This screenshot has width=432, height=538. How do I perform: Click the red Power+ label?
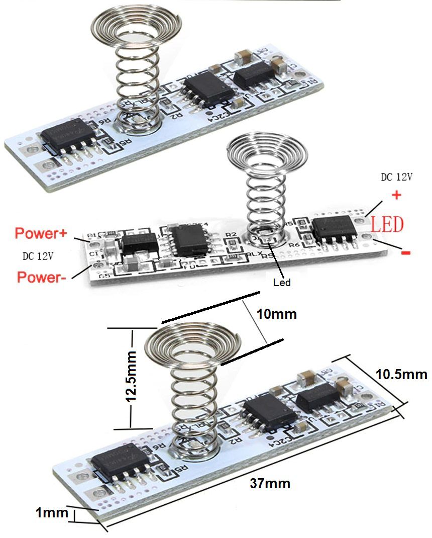tap(44, 233)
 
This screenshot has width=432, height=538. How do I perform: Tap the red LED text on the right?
tap(387, 225)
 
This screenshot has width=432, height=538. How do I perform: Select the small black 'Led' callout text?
tap(282, 283)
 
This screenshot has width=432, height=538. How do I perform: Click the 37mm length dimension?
tap(270, 484)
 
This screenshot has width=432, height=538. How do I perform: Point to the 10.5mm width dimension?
tap(401, 374)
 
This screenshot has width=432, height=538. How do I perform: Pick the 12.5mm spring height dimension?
tap(132, 378)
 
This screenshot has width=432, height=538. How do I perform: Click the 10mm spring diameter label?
tap(276, 314)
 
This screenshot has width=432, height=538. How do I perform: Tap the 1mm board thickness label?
tap(51, 513)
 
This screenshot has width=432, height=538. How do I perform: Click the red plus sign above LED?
tap(397, 195)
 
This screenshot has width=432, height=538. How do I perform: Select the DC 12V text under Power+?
tap(38, 256)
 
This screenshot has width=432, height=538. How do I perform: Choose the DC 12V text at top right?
tap(397, 177)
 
